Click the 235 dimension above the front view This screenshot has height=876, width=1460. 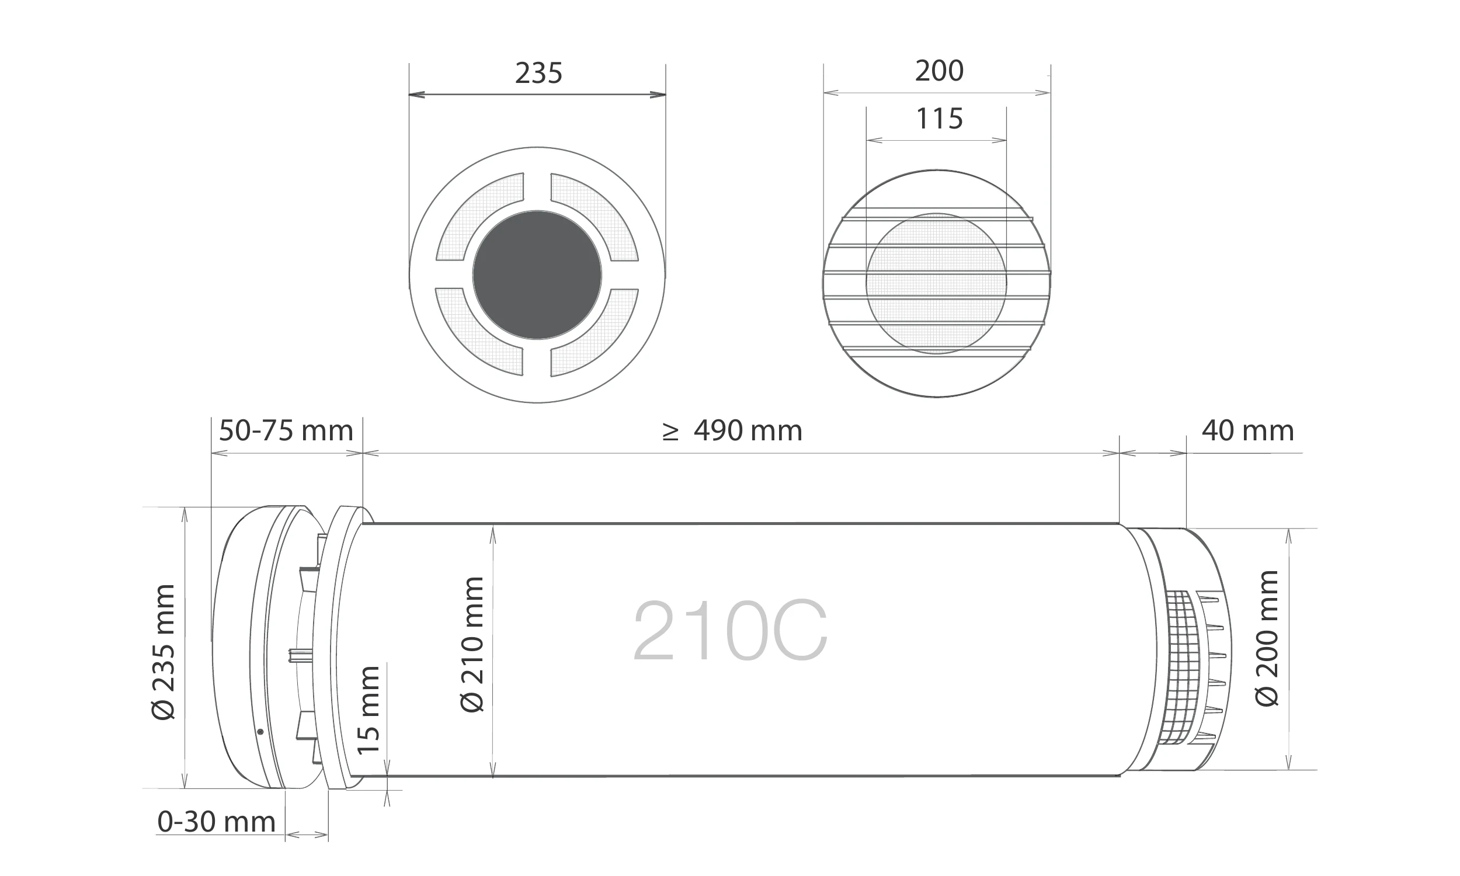coord(538,73)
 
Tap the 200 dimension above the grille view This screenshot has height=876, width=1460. coord(939,71)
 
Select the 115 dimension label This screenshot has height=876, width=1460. coord(939,119)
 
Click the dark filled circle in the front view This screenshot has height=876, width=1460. coord(537,275)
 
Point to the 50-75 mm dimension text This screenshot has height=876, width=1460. coord(286,431)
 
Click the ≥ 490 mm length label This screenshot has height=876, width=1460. coord(732,431)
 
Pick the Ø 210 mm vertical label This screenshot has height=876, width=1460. coord(471,645)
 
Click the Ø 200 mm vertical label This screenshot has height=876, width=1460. coord(1267,638)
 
